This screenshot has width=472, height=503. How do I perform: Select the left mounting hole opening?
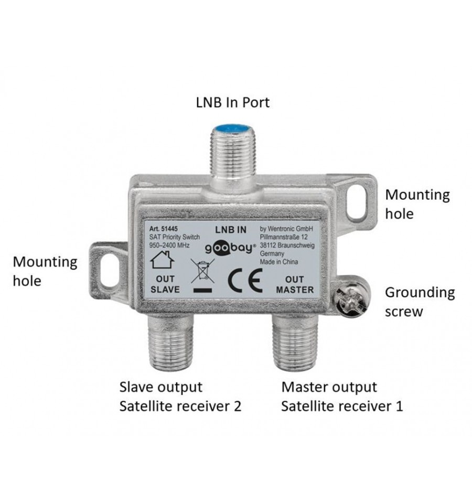(x=109, y=271)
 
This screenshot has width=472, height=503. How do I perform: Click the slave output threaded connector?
(x=171, y=343)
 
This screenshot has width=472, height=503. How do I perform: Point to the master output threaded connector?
(x=295, y=343)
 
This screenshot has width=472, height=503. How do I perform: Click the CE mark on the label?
(x=245, y=281)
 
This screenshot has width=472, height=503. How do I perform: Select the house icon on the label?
(x=162, y=260)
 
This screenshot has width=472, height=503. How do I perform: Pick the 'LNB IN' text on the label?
(x=231, y=230)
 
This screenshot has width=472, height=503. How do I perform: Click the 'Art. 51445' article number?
(x=163, y=229)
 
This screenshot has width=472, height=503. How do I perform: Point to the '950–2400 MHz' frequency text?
(x=169, y=245)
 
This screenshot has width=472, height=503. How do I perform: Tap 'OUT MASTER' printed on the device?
(x=295, y=284)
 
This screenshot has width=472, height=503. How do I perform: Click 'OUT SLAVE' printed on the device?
(x=165, y=284)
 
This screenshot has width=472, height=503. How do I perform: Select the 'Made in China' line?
(x=278, y=262)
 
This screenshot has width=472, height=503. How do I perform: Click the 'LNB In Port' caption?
(x=233, y=103)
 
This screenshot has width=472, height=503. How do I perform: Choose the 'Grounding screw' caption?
(x=420, y=302)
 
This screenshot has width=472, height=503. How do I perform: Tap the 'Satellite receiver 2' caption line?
(x=180, y=406)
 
